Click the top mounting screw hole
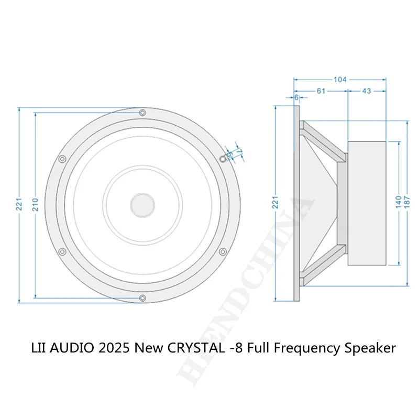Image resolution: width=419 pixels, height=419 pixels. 142,112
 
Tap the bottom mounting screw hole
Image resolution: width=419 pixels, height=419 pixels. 142,298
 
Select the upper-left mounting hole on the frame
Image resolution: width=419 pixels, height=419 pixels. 63,159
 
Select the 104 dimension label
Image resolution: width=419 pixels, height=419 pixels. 340,80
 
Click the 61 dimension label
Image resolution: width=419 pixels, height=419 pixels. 321,91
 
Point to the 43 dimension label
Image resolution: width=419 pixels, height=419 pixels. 366,91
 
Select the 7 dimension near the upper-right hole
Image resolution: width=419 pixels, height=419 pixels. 240,150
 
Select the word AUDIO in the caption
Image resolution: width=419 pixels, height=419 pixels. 75,348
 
